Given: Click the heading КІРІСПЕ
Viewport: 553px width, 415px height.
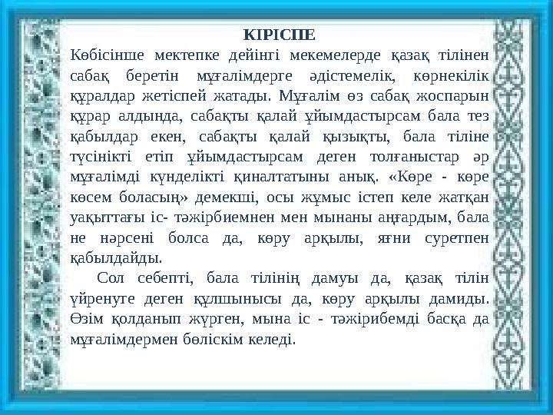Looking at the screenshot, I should (278, 35).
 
